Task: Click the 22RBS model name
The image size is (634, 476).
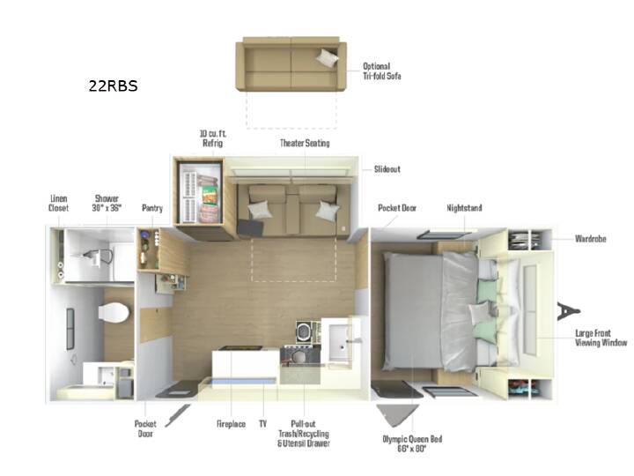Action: coord(114,86)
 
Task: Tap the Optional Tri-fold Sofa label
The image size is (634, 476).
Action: coord(381,71)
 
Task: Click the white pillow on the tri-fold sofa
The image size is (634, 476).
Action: coord(327,58)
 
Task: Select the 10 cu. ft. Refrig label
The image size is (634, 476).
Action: coord(213,138)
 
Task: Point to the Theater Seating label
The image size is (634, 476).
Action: coord(305,143)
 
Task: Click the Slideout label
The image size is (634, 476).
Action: coord(387,169)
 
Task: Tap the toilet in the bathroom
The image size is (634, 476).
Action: coord(114,312)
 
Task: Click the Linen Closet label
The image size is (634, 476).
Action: coord(59,204)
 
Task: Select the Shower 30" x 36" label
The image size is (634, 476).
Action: coord(107,204)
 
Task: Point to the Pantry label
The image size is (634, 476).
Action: coord(152,208)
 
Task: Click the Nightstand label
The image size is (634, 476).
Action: coord(464,208)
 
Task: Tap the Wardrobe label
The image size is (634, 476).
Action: coord(591,239)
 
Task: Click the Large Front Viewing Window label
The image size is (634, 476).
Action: coord(601,338)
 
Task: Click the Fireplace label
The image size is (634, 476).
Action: coord(231,424)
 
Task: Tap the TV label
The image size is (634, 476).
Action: coord(262,424)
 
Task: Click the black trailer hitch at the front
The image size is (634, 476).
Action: coord(568,311)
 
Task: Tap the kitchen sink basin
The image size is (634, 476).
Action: coord(340,342)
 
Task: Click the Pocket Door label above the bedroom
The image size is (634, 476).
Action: coord(397,208)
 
